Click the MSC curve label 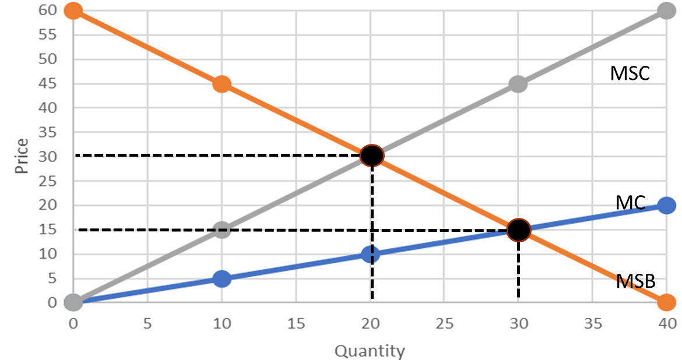tap(630, 74)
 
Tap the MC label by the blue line tap(630, 203)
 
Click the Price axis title tap(22, 156)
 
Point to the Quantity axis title tap(369, 351)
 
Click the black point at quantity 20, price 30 tap(371, 156)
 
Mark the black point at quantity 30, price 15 tap(518, 230)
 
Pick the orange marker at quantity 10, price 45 tap(222, 83)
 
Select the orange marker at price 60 tap(73, 10)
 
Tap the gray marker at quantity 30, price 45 tap(518, 84)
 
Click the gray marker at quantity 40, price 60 tap(667, 10)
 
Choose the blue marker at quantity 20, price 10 tap(370, 254)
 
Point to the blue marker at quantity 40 tap(667, 205)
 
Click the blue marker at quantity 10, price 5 tap(222, 278)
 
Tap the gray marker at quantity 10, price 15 tap(222, 230)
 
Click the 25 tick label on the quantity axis tap(444, 322)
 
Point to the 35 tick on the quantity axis tap(592, 322)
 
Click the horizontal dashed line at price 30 tap(222, 156)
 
